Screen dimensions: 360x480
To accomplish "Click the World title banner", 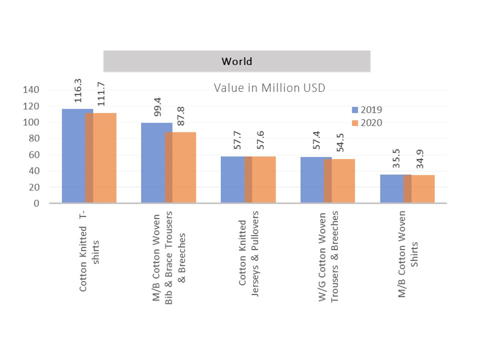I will coord(236,61).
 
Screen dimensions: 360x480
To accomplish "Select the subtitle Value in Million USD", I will coord(269,88).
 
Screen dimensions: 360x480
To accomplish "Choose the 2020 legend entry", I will coord(367,122).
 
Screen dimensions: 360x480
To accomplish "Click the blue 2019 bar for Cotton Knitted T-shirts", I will coord(74,155).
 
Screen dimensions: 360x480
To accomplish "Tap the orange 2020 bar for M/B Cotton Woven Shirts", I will coord(422,188).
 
